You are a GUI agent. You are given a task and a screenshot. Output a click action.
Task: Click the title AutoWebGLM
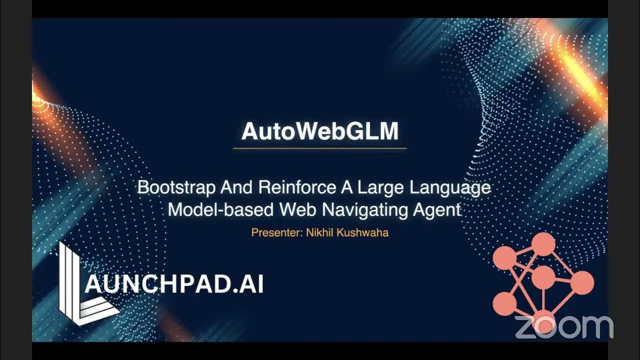tap(320, 131)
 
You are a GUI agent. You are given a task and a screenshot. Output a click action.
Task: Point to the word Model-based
tap(220, 209)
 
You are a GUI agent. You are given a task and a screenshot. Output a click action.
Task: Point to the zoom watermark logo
tap(563, 327)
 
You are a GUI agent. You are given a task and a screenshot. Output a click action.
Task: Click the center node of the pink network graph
tap(543, 277)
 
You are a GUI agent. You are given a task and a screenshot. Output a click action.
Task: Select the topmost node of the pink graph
tap(543, 244)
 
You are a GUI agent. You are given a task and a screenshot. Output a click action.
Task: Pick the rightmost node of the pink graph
tap(581, 283)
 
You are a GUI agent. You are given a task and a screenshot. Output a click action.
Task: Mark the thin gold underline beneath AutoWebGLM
tap(320, 148)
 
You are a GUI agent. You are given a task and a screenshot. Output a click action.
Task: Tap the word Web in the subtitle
tap(298, 209)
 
